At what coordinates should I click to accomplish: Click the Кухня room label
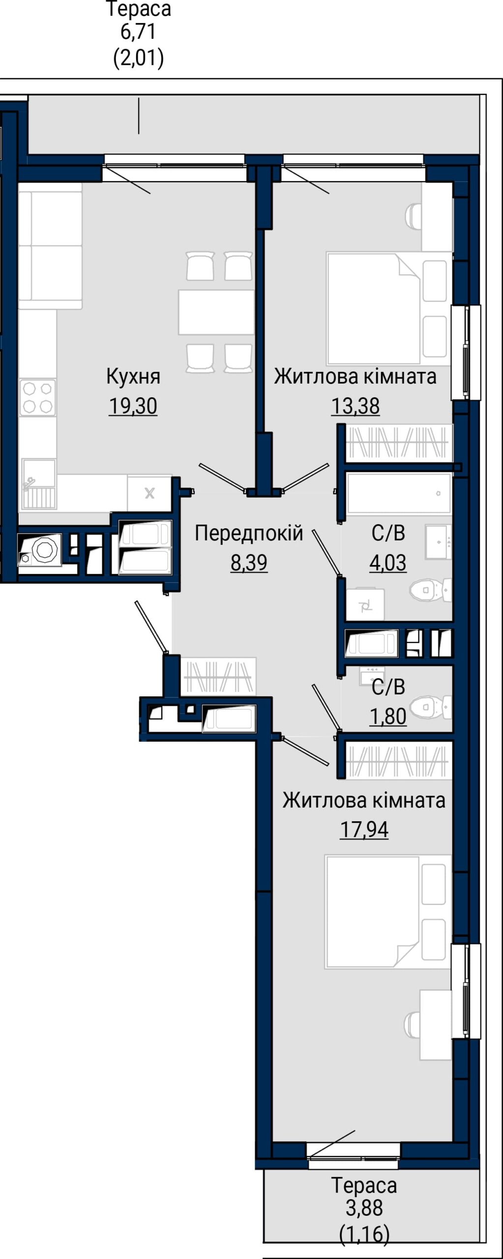coord(133,377)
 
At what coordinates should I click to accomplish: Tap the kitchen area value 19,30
coord(133,406)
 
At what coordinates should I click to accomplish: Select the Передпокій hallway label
coord(249,533)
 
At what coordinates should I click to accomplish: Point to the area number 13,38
coord(355,406)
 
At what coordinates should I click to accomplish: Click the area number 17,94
coord(364,830)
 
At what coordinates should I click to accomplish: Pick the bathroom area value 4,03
coord(388,563)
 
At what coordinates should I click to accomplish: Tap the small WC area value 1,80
coord(388,717)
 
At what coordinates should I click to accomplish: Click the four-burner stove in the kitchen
coord(37,397)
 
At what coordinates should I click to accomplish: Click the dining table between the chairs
coord(216,312)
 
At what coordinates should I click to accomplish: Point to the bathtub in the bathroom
coord(399,493)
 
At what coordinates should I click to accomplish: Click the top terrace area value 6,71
coord(138,32)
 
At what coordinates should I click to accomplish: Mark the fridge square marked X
coord(149,493)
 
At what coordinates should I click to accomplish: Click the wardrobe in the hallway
coord(219,677)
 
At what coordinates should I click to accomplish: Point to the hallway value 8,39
coord(249,563)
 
